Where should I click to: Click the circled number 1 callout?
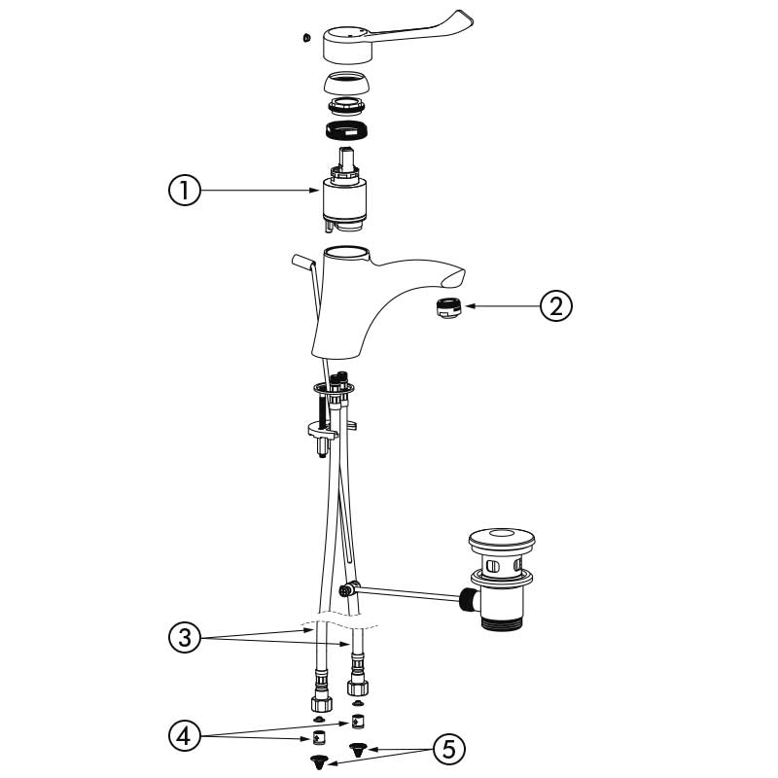[185, 191]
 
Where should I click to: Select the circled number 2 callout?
[555, 305]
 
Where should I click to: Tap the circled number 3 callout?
[185, 637]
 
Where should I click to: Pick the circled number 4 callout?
[185, 736]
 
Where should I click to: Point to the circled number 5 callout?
[448, 749]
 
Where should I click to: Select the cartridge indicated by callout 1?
[344, 190]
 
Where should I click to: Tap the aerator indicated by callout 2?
[448, 307]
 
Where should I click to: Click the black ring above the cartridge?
[346, 131]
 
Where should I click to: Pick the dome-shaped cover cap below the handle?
[346, 84]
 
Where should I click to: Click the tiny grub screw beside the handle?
[306, 37]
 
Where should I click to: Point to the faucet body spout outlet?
[452, 279]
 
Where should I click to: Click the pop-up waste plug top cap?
[502, 541]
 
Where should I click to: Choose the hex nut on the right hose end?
[358, 688]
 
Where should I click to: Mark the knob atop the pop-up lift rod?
[301, 261]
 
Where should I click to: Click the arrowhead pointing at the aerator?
[471, 306]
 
